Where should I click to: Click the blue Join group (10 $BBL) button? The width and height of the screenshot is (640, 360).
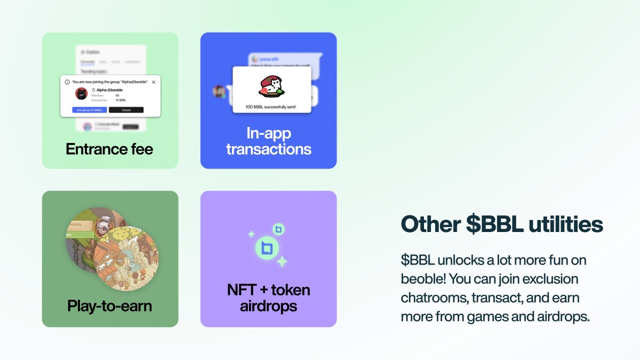pyautogui.click(x=90, y=110)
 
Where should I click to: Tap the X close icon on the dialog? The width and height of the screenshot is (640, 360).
pyautogui.click(x=154, y=82)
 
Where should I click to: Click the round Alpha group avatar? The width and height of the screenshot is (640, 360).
pyautogui.click(x=81, y=94)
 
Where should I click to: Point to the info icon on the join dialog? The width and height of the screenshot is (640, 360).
pyautogui.click(x=67, y=82)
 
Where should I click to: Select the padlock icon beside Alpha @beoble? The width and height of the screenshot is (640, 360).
pyautogui.click(x=93, y=90)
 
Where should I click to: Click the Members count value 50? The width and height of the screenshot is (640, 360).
pyautogui.click(x=117, y=95)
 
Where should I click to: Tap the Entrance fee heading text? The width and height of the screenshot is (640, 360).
pyautogui.click(x=109, y=149)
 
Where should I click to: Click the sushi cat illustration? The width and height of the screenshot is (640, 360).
pyautogui.click(x=271, y=85)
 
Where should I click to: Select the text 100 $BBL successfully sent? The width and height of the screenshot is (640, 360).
pyautogui.click(x=271, y=107)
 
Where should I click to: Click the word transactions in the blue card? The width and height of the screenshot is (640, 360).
pyautogui.click(x=268, y=149)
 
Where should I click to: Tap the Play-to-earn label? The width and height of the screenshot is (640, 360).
pyautogui.click(x=109, y=306)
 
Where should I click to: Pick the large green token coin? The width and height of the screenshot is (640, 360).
pyautogui.click(x=268, y=247)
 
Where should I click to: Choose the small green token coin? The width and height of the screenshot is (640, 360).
pyautogui.click(x=278, y=229)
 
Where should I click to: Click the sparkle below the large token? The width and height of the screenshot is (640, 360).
pyautogui.click(x=282, y=261)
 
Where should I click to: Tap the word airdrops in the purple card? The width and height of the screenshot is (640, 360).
pyautogui.click(x=268, y=306)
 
